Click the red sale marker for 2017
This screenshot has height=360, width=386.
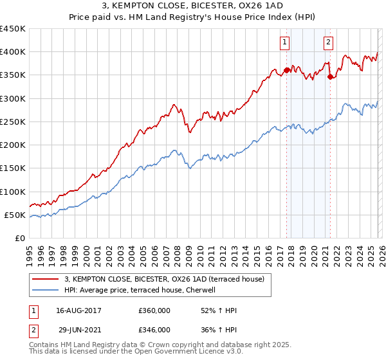[x=286, y=70]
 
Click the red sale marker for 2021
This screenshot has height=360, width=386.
[x=330, y=76]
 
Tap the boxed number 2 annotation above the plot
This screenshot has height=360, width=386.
[x=328, y=43]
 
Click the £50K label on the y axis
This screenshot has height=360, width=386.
[x=15, y=215]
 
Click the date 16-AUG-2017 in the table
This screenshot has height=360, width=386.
[x=79, y=310]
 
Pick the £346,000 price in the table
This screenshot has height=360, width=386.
[x=154, y=329]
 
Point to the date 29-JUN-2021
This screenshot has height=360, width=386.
[x=79, y=329]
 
